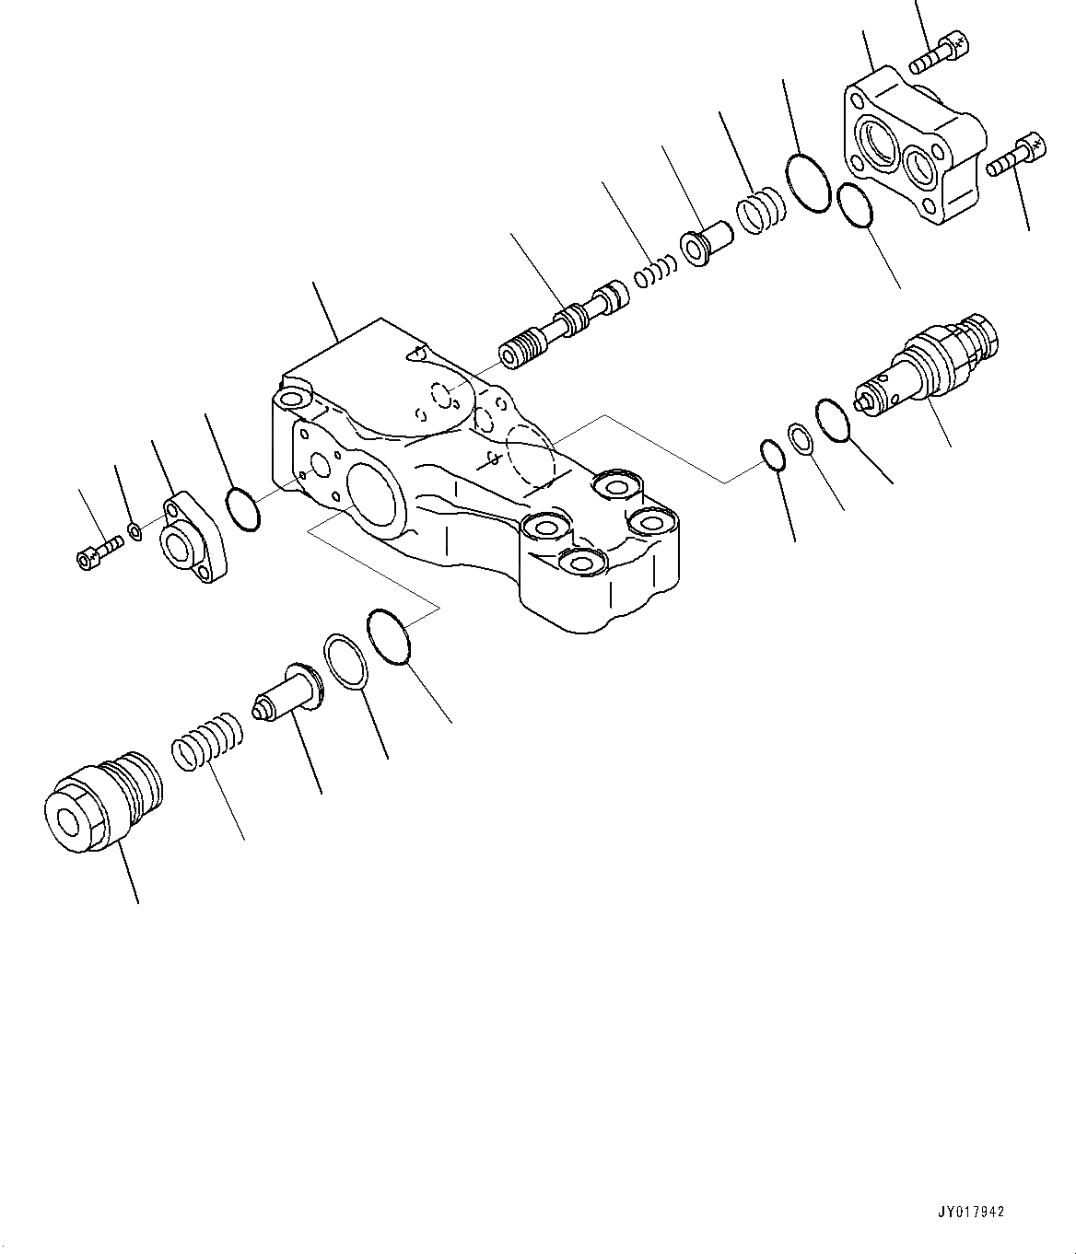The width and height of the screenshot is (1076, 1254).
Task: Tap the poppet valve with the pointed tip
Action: coord(287,693)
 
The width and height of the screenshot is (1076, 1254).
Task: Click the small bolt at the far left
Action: coord(99,552)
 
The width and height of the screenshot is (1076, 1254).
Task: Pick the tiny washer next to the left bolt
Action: coord(135,530)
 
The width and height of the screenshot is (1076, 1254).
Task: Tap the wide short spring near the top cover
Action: coord(761,213)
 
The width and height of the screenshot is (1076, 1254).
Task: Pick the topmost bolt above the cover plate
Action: coord(939,52)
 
